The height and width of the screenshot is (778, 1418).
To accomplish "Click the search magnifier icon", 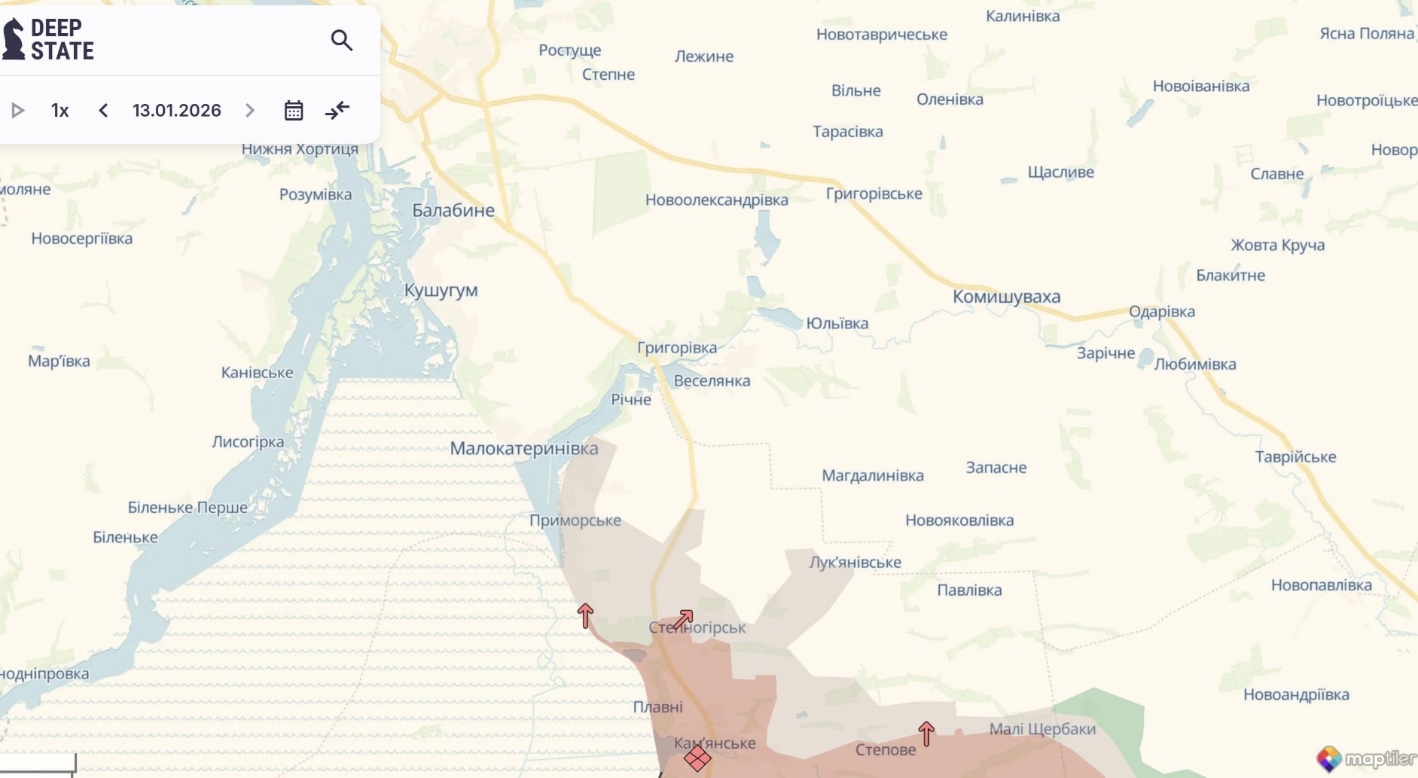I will point(342,40).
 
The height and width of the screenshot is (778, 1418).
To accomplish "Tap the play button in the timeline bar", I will point(18,111).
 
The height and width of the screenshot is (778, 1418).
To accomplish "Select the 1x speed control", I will point(60,111).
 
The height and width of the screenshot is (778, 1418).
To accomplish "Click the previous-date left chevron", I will point(103,111).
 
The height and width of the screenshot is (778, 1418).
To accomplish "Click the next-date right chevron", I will point(250,111).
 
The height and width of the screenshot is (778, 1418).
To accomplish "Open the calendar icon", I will point(294,111).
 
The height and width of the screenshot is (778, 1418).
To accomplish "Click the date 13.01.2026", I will point(177,111).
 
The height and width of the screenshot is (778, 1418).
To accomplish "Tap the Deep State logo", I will point(48,39).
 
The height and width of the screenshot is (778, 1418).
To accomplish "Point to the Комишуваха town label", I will point(1006,297).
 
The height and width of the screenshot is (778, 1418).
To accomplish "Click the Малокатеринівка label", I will point(524,449).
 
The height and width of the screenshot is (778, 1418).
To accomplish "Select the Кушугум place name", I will point(441,291).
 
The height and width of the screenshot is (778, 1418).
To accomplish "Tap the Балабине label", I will point(453,211).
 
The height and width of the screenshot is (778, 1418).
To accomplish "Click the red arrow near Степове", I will point(926,733).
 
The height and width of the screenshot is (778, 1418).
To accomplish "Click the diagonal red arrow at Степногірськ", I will point(683,619).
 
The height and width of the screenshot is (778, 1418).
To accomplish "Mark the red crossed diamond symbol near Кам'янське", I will point(697,758).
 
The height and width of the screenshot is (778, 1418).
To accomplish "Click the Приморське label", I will point(575,520).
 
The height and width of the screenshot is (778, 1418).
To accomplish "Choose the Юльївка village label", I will point(837,324).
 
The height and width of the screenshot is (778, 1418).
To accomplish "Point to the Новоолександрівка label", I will point(717,200).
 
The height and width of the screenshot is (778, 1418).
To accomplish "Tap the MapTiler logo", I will point(1366,758).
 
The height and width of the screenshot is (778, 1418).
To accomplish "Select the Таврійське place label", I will point(1295,457).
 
